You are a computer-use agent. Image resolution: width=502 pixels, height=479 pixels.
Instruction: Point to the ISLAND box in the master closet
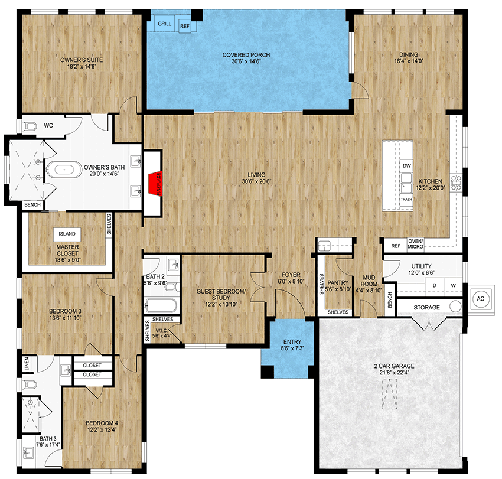tap(67, 234)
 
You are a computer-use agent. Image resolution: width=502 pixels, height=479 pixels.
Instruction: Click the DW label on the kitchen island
tap(406, 166)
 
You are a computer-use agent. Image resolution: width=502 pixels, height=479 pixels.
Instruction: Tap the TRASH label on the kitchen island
tap(406, 200)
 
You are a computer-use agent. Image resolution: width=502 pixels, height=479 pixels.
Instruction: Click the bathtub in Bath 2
tap(161, 306)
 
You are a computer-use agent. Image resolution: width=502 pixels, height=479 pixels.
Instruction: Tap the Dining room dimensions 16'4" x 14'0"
tap(409, 60)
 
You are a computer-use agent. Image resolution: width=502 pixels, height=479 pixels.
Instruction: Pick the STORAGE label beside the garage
tap(426, 308)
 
